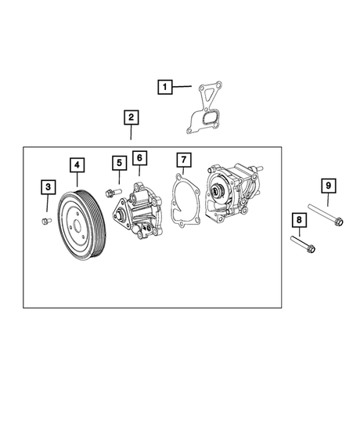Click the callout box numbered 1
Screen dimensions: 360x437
[x=165, y=87]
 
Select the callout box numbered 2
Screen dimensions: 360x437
[x=131, y=117]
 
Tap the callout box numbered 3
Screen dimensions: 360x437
[x=49, y=187]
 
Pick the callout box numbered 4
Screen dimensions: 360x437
[x=77, y=165]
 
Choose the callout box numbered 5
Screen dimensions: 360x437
[x=120, y=163]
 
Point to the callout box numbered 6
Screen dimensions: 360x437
[x=140, y=158]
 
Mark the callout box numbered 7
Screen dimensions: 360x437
[x=184, y=160]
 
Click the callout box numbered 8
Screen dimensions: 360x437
[x=299, y=220]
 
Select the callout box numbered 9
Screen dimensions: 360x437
[x=329, y=186]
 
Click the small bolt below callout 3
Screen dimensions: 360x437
[x=46, y=221]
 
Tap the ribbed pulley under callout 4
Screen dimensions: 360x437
[x=82, y=225]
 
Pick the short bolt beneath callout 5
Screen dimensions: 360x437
[x=113, y=193]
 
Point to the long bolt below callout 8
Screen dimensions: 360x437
[x=303, y=244]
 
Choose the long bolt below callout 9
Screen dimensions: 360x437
[x=326, y=215]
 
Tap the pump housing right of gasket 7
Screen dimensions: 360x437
[x=234, y=193]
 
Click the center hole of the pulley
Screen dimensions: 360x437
[x=77, y=226]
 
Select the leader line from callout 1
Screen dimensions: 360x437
[x=182, y=87]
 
